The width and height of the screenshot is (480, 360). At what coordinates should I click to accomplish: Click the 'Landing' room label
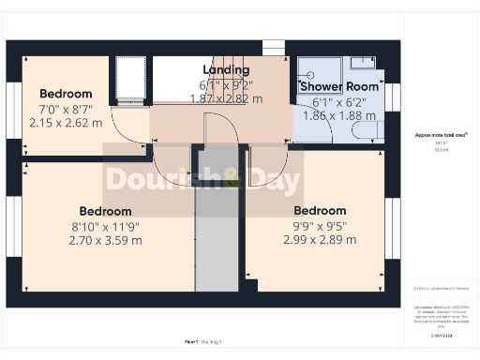coord(226,70)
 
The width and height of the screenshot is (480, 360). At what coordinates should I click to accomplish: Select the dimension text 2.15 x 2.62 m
coord(66,122)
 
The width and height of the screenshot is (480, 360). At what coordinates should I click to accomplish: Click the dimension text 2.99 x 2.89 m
coord(320,240)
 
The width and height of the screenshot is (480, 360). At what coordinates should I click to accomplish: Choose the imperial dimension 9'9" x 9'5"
coord(320,225)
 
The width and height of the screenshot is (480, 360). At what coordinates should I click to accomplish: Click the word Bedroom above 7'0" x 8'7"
coord(66,94)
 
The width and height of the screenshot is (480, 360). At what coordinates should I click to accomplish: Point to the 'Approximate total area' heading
coord(442,135)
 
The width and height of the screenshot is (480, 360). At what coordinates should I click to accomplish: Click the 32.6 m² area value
coord(442,150)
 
